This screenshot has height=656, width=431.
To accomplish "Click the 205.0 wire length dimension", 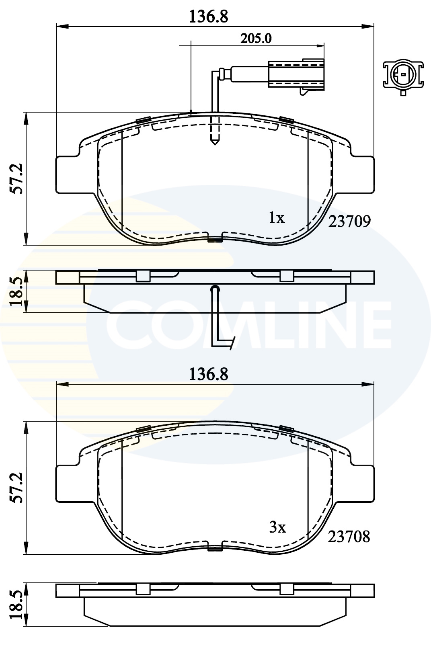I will [256, 39].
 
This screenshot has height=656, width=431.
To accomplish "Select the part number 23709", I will [349, 221].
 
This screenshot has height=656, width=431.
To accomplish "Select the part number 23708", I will [349, 536].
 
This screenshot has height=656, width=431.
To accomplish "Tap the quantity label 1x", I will [277, 218].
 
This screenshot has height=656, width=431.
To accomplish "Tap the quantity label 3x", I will [277, 527].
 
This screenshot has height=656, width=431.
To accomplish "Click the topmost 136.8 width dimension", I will [209, 17].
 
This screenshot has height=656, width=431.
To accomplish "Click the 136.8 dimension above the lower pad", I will [209, 374].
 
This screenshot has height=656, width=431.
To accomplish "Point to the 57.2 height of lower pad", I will [16, 488].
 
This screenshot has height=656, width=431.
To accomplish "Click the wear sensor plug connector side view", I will [296, 74].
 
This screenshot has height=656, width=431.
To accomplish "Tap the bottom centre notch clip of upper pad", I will [215, 240].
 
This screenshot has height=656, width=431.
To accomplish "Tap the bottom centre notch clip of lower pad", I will [215, 548].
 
